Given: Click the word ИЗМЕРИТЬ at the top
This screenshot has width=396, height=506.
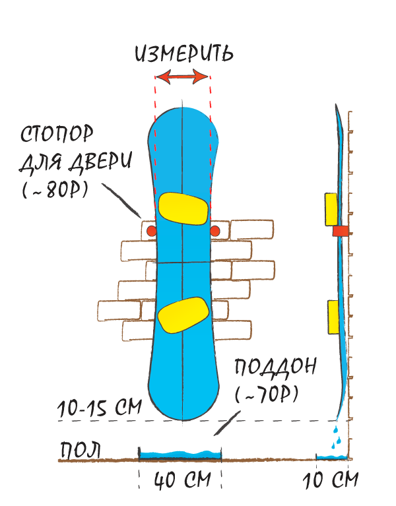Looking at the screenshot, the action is pyautogui.click(x=184, y=53).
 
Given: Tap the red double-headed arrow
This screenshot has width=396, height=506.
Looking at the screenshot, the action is pyautogui.click(x=182, y=77).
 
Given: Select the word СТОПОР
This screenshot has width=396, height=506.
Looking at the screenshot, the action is pyautogui.click(x=57, y=134).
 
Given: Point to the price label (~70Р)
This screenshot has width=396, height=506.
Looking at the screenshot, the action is pyautogui.click(x=266, y=395).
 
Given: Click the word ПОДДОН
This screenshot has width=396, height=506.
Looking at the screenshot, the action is pyautogui.click(x=275, y=367).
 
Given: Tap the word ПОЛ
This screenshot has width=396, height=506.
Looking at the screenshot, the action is pyautogui.click(x=81, y=449).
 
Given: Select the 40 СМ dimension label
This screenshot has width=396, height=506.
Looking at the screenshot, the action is pyautogui.click(x=182, y=480).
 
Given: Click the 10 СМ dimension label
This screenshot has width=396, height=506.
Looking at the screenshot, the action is pyautogui.click(x=331, y=480).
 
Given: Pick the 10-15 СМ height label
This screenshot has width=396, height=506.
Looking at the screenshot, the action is pyautogui.click(x=100, y=408).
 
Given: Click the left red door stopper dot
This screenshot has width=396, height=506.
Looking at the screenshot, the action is pyautogui.click(x=151, y=231).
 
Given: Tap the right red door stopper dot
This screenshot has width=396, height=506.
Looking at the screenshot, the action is pyautogui.click(x=215, y=231).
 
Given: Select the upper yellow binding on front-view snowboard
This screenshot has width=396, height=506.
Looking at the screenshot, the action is pyautogui.click(x=183, y=208).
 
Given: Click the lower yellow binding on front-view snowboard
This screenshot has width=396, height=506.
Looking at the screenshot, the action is pyautogui.click(x=183, y=315).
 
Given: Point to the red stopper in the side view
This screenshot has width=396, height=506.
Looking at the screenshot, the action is pyautogui.click(x=341, y=231).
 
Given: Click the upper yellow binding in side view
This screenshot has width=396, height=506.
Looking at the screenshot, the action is pyautogui.click(x=331, y=209).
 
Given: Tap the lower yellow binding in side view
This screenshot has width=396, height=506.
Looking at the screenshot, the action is pyautogui.click(x=333, y=317).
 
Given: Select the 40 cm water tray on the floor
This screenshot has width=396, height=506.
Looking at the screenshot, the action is pyautogui.click(x=180, y=455).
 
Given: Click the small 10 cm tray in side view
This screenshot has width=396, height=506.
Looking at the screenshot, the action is pyautogui.click(x=331, y=457).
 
